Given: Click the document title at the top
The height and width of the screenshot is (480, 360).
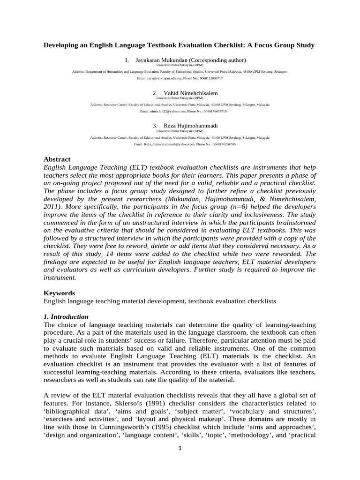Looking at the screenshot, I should click(179, 45).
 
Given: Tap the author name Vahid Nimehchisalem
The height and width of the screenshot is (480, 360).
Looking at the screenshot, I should click(184, 93).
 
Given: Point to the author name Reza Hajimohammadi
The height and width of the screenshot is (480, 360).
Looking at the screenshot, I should click(184, 126).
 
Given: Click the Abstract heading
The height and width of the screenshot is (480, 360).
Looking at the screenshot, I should click(57, 159).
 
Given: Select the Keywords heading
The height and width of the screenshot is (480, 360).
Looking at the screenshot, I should click(59, 293).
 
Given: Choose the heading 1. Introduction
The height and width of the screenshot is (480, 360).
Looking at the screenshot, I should click(66, 317).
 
